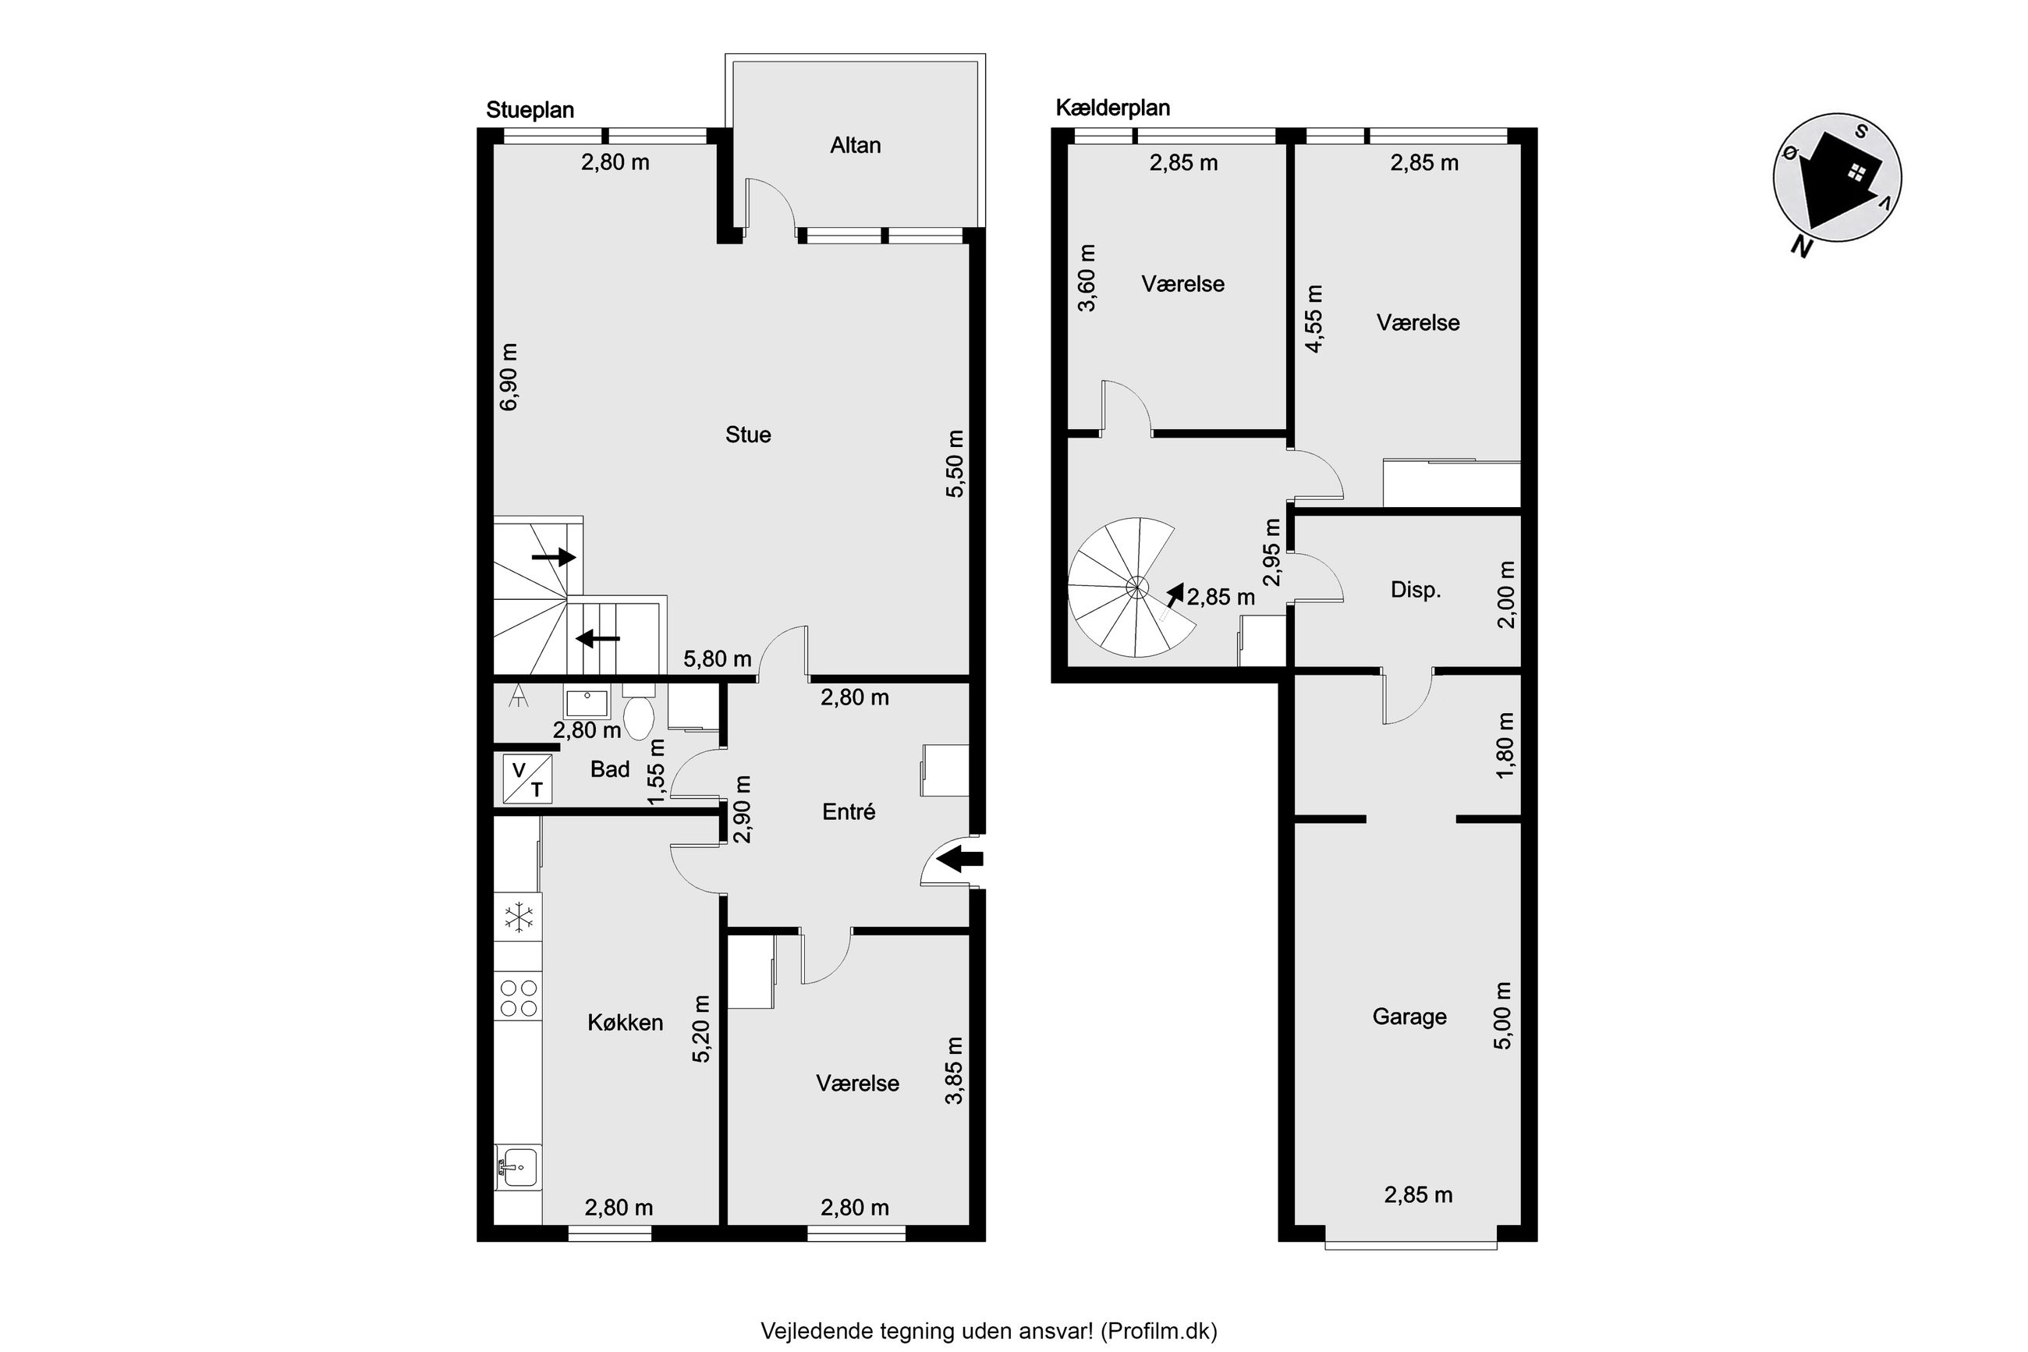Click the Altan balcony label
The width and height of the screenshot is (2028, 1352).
[x=855, y=145]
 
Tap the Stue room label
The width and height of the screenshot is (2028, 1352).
[x=747, y=435]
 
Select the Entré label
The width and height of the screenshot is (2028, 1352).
[x=849, y=811]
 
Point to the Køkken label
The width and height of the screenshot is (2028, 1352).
[x=625, y=1023]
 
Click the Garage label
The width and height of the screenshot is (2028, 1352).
[x=1409, y=1017]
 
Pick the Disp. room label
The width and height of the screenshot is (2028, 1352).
[x=1415, y=591]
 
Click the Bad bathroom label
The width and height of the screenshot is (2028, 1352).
[x=609, y=769]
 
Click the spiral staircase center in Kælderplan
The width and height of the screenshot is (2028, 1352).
[x=1136, y=588]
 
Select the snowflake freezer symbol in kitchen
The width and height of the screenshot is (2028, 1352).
[x=518, y=917]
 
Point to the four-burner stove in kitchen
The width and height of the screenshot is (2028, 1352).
[x=518, y=998]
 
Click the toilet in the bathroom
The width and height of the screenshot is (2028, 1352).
[x=638, y=713]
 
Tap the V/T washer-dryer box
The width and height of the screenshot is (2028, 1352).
[x=527, y=779]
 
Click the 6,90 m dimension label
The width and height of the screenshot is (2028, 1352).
[x=509, y=377]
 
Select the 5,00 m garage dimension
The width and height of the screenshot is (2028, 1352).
[x=1502, y=1015]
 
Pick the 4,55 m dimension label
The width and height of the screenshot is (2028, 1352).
[x=1314, y=319]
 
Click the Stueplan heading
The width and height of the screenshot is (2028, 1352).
[x=530, y=110]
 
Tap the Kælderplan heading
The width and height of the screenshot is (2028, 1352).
[x=1113, y=108]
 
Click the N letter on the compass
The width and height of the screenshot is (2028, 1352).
[x=1799, y=247]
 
